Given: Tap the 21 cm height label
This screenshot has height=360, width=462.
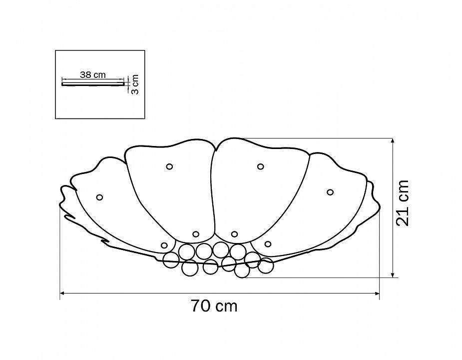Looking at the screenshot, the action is coord(403,203).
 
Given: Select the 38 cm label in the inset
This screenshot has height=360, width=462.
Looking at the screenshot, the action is coord(92,74).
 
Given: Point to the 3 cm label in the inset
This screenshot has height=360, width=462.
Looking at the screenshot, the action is coord(135,84).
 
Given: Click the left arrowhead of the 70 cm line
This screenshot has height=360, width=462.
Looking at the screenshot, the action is coord(62,293).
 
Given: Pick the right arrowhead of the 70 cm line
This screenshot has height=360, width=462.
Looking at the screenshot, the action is coord(377,293).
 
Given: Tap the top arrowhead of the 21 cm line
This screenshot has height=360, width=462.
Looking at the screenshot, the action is coord(393,140).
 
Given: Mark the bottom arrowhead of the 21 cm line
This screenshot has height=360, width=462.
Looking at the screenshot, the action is coord(393,275).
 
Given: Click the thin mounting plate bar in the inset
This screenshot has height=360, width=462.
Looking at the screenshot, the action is coord(93,84).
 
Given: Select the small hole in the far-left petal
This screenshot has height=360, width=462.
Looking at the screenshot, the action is coord(99,197).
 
